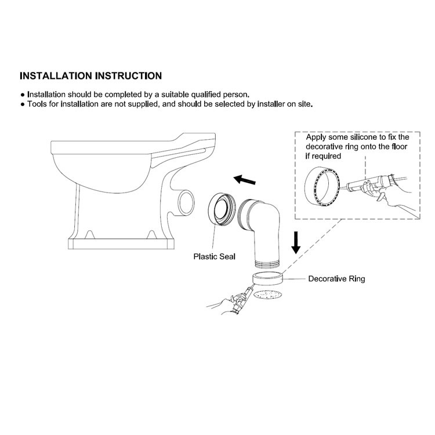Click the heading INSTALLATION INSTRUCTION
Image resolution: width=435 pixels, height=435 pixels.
(x=90, y=76)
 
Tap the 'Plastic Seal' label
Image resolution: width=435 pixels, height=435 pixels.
(x=215, y=256)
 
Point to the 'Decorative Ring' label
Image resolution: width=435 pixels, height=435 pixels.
(x=336, y=279)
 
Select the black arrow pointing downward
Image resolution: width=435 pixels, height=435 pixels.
(x=296, y=242)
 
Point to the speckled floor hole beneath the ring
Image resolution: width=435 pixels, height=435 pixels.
(x=269, y=294)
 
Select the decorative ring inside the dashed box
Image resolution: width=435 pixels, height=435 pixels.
(x=320, y=184)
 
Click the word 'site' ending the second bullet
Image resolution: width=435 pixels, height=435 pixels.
(x=305, y=104)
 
